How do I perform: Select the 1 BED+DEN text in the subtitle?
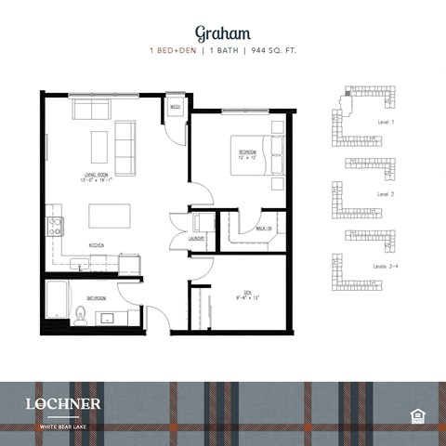pos(175,50)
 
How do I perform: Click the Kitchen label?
pos(96,244)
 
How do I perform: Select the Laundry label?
pos(196,239)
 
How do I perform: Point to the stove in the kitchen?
pos(55,224)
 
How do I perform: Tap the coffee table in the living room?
pos(98,147)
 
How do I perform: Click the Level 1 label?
pos(387,123)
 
